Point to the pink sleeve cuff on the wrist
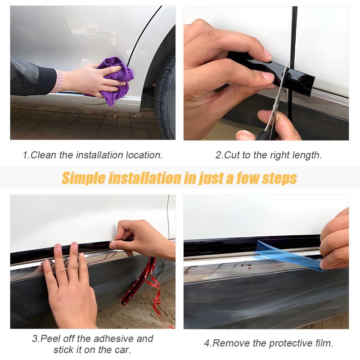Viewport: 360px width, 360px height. click(x=59, y=81)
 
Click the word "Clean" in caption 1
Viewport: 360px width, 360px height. click(x=43, y=155)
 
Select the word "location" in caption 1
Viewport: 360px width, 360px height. click(x=144, y=155)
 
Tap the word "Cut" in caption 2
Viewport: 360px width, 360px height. click(x=231, y=155)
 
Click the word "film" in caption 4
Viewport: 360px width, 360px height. click(x=324, y=343)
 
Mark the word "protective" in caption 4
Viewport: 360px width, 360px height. click(x=291, y=344)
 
